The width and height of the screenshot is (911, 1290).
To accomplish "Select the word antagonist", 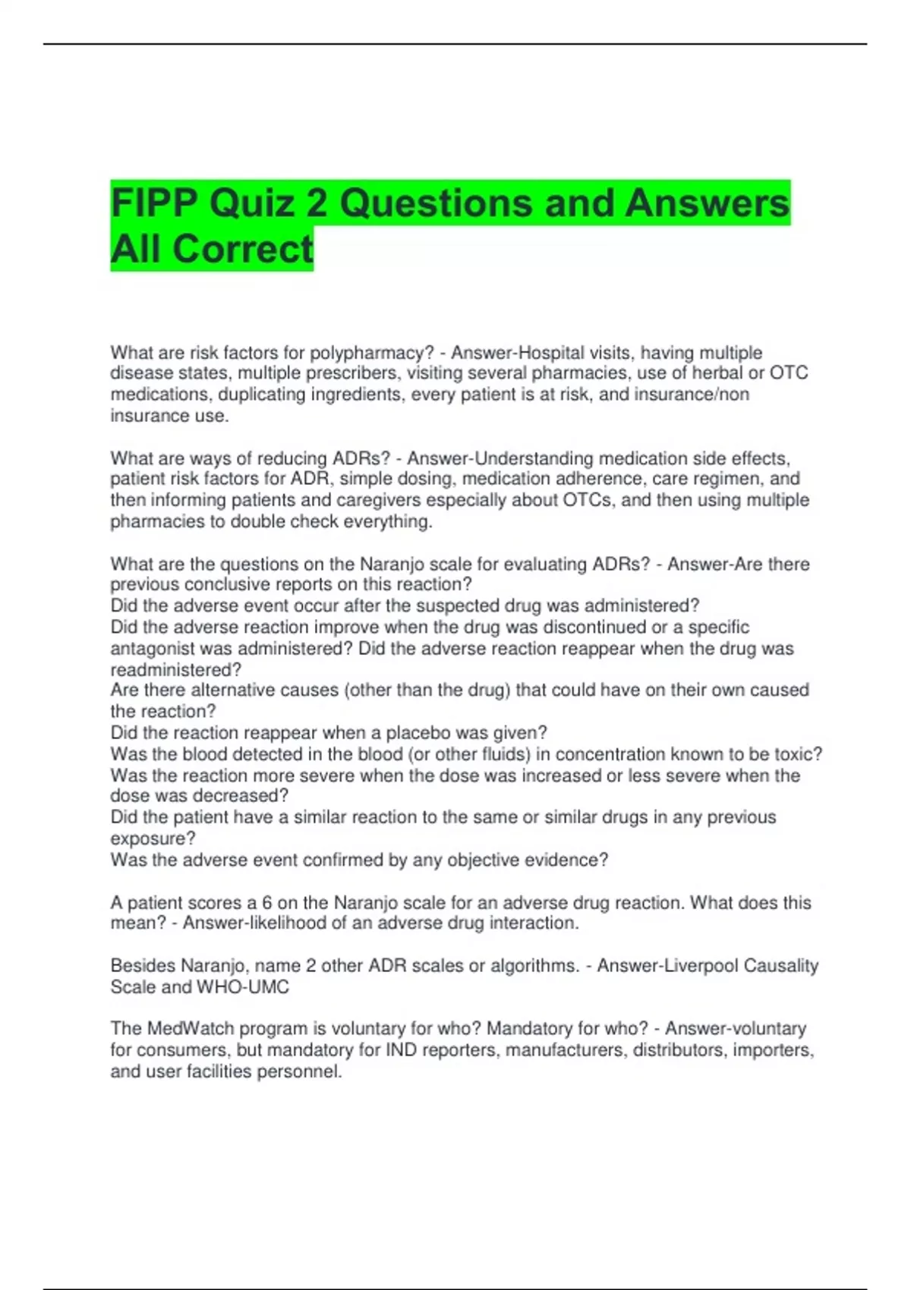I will pyautogui.click(x=156, y=649).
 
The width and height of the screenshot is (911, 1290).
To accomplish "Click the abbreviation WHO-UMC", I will pyautogui.click(x=243, y=987).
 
